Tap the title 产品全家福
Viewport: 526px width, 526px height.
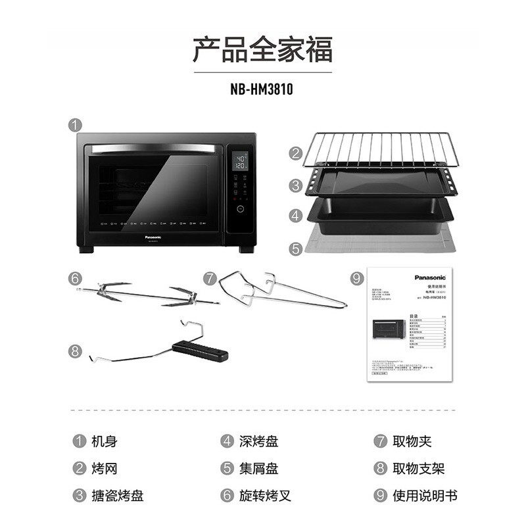pyautogui.click(x=263, y=50)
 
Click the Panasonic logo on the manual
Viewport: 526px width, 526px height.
pyautogui.click(x=431, y=278)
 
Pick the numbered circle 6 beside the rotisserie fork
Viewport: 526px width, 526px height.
pyautogui.click(x=76, y=278)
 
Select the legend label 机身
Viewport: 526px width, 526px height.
pyautogui.click(x=105, y=441)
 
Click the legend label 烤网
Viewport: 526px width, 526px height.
pyautogui.click(x=105, y=468)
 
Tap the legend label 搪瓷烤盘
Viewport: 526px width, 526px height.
pyautogui.click(x=118, y=495)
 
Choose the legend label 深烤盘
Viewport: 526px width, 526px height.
pyautogui.click(x=258, y=441)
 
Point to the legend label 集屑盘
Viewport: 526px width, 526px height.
pyautogui.click(x=258, y=468)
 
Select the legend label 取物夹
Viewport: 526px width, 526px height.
pyautogui.click(x=412, y=441)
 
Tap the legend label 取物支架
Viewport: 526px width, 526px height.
pyautogui.click(x=418, y=468)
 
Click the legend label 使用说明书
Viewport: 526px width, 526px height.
pyautogui.click(x=425, y=495)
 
